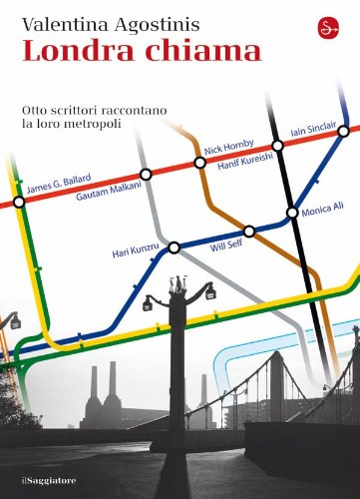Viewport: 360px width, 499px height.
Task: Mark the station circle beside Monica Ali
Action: coord(291,213)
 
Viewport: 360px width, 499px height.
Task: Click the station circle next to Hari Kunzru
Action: coord(175,247)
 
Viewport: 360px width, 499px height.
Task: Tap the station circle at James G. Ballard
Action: coord(19,202)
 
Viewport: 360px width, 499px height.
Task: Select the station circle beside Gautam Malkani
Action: coord(147,175)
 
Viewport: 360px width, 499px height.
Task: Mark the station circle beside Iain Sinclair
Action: coord(278,146)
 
